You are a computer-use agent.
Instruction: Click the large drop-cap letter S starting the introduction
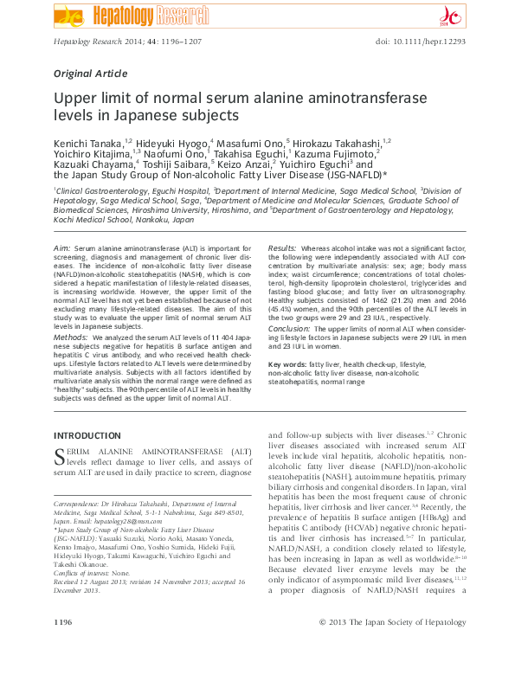click(x=60, y=455)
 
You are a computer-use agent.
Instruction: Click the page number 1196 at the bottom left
click(x=63, y=646)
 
